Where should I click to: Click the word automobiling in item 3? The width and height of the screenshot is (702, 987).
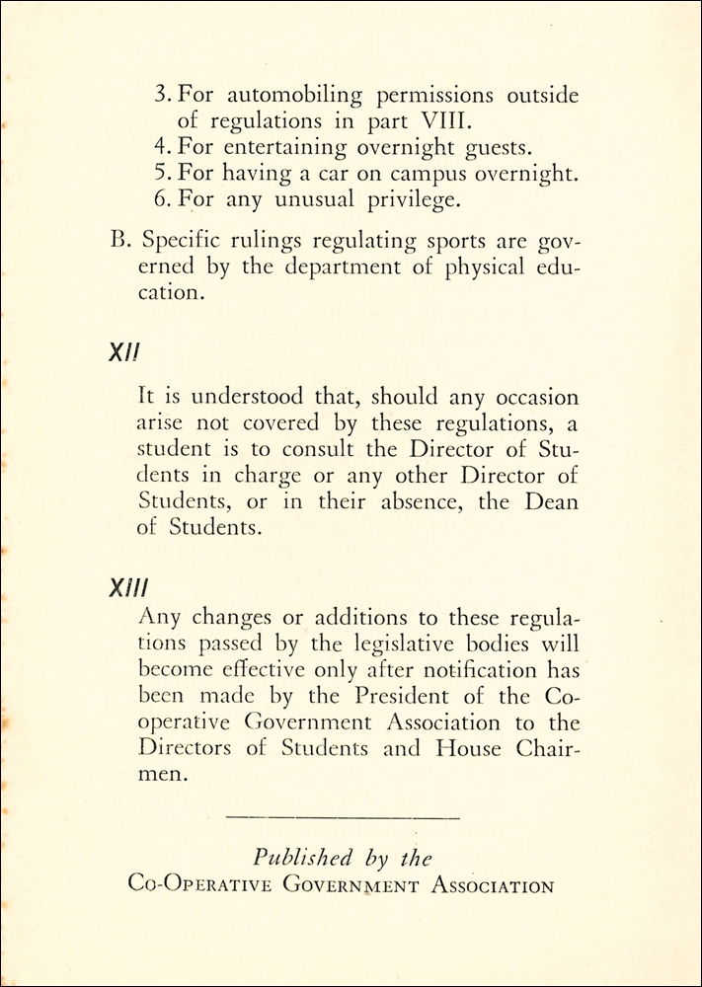[x=286, y=98]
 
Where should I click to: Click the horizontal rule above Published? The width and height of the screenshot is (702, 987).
[x=343, y=816]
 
